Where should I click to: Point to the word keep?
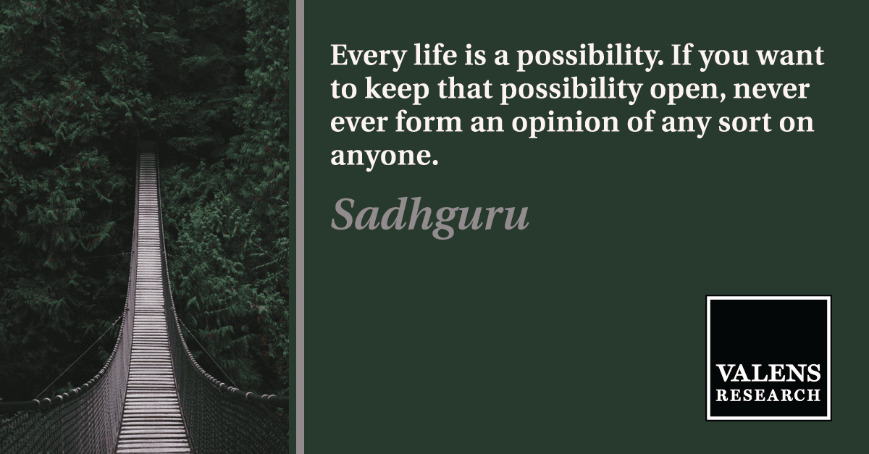[x=397, y=90]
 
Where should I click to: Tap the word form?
[x=428, y=122]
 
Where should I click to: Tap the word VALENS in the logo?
[x=768, y=374]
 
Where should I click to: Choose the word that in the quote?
[x=465, y=89]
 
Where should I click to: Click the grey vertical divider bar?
[x=301, y=227]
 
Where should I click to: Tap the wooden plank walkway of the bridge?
[x=149, y=311]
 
